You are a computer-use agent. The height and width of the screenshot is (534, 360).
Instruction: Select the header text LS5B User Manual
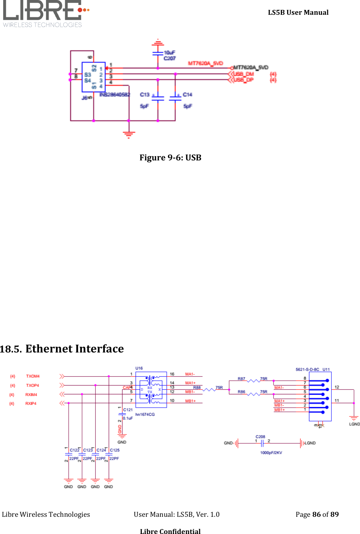(x=298, y=12)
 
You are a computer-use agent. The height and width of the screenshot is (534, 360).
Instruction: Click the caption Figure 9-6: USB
(x=170, y=157)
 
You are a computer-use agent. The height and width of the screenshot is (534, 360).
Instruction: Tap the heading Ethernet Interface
(x=74, y=349)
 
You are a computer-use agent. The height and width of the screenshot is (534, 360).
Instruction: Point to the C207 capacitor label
(x=170, y=58)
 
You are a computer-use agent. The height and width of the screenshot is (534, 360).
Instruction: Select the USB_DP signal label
(x=244, y=80)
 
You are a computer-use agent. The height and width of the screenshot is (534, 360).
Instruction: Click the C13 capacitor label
(x=145, y=95)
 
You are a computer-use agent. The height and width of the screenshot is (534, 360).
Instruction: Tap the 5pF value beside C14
(x=188, y=106)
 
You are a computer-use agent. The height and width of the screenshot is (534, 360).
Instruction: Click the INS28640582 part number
(x=115, y=95)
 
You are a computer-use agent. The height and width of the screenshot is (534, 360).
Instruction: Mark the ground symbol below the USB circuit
(x=129, y=134)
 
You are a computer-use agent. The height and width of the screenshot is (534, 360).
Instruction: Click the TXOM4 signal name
(x=33, y=376)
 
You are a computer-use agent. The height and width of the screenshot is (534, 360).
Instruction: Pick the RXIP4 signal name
(x=31, y=403)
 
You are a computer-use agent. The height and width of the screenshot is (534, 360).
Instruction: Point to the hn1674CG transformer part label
(x=145, y=414)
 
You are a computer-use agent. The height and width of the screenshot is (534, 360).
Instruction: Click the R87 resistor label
(x=241, y=379)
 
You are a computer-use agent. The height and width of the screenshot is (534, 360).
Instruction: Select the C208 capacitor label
(x=260, y=437)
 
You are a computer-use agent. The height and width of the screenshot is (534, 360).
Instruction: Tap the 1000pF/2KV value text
(x=271, y=453)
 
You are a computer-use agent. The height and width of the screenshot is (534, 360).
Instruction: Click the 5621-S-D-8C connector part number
(x=307, y=369)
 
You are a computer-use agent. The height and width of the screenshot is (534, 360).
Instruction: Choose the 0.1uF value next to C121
(x=128, y=418)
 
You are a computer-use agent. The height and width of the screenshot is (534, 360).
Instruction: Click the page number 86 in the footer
(x=316, y=514)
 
